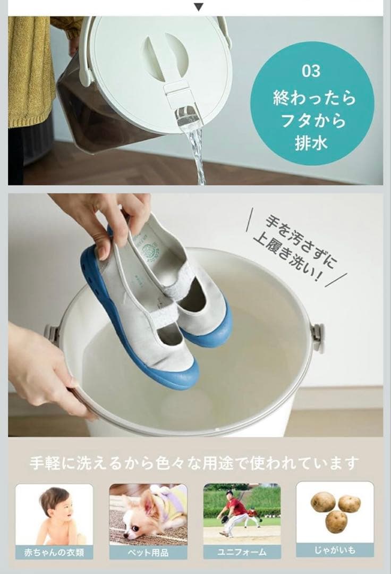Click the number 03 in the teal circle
311,71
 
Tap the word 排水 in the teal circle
311,143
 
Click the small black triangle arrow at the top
198,6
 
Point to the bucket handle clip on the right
317,337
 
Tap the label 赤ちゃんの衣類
54,552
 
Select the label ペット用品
148,552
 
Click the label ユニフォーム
242,552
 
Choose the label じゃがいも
335,550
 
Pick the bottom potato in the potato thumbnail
336,521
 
